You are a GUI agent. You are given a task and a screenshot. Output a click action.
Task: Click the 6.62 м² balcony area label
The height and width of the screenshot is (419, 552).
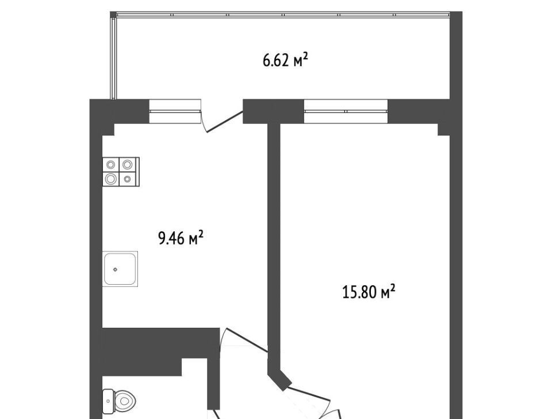(x=286, y=60)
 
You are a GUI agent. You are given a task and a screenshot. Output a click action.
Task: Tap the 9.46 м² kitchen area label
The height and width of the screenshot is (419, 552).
(x=181, y=238)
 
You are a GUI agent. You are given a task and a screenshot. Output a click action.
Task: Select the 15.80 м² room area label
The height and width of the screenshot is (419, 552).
(x=369, y=292)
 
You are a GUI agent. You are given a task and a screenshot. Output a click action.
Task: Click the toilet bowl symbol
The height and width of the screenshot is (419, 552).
(x=120, y=401)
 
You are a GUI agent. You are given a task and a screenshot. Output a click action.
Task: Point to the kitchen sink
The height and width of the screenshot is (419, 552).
(x=120, y=269)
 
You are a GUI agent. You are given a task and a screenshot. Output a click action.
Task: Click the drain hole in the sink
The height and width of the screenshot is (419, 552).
(x=115, y=270)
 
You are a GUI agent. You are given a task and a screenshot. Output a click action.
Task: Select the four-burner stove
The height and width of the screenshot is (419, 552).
(x=121, y=172)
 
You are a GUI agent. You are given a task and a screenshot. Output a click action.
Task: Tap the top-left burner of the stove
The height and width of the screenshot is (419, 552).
(x=111, y=164)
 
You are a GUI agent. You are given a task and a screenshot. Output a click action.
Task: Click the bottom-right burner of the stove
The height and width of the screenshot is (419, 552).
(x=128, y=179)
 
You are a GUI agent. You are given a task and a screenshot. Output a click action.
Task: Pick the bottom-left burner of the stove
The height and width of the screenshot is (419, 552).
(x=111, y=179)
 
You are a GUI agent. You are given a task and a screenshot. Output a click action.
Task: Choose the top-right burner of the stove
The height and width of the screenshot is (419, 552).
(x=128, y=164)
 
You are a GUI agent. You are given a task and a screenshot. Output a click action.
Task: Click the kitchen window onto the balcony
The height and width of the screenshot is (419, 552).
(x=175, y=111)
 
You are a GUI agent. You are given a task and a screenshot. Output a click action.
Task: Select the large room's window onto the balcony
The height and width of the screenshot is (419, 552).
(x=346, y=111)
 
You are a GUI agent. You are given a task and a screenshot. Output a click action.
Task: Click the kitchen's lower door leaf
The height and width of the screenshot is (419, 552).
(x=247, y=340)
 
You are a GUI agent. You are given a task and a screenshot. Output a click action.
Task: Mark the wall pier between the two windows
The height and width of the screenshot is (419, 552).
(x=273, y=111)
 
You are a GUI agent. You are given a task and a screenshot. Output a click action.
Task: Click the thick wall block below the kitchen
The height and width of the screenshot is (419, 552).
(x=160, y=346)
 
